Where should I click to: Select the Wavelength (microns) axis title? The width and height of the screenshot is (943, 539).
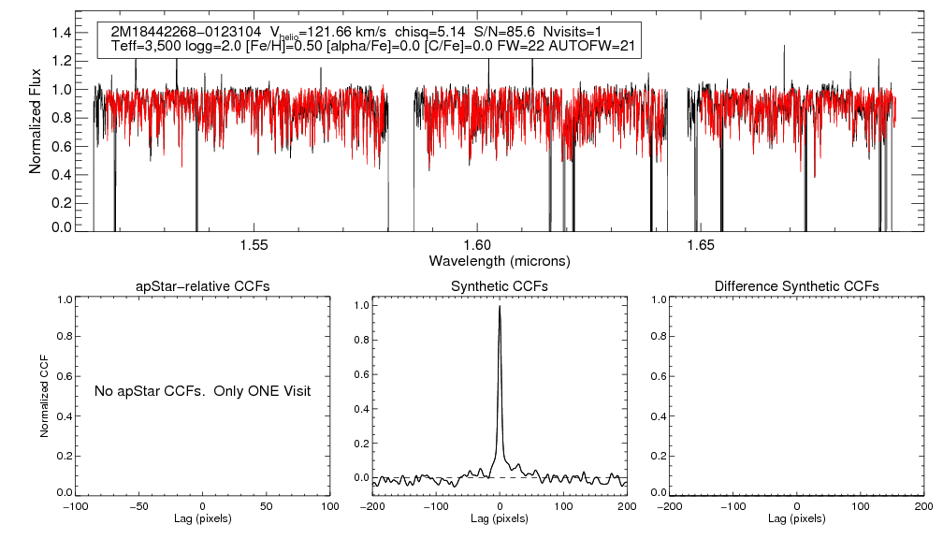(x=499, y=260)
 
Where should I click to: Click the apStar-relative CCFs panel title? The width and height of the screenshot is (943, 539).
(x=203, y=286)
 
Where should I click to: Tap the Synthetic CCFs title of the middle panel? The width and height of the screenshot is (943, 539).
(x=500, y=286)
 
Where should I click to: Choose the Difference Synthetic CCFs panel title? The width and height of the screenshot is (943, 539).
(x=796, y=286)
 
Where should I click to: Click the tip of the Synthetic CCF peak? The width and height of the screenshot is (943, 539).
(x=500, y=305)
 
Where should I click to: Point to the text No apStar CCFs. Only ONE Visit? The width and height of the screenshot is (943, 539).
(x=202, y=390)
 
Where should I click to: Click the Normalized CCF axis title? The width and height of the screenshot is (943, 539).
(x=44, y=393)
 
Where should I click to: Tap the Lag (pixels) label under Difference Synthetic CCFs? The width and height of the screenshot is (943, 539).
(x=796, y=518)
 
